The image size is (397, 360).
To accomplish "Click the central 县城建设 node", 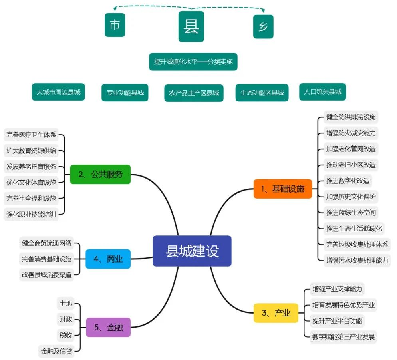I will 192,251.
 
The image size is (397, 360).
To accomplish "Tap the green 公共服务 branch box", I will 100,174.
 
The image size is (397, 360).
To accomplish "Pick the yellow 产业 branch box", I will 276,313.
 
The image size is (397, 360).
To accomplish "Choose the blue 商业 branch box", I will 108,259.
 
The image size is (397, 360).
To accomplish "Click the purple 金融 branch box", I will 108,327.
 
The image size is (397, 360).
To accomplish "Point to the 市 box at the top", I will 115,25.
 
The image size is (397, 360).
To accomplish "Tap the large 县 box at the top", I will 191,26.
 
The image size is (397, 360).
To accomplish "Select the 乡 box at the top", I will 263,27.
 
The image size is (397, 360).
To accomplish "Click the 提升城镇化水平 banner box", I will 193,62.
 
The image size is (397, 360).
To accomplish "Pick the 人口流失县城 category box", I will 322,91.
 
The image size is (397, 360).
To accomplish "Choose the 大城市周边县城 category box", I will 58,92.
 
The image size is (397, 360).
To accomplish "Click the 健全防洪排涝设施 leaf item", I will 351,117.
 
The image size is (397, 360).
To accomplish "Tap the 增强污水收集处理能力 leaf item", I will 357,260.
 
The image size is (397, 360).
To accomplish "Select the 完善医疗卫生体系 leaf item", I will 31,135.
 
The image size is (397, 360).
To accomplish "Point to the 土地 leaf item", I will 66,304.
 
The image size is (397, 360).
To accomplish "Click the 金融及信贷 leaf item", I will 57,351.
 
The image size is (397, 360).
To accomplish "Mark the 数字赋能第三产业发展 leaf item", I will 343,336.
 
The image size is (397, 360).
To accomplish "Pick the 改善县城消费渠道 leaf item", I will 47,274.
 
